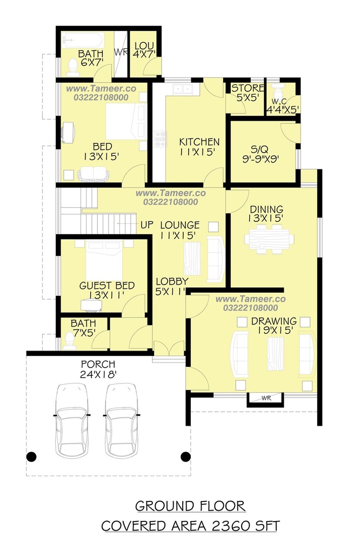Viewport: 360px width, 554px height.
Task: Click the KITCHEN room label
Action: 199,142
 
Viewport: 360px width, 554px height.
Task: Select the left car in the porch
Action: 72,420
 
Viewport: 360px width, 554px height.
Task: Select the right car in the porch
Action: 122,420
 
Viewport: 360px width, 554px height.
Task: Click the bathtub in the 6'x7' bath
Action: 83,40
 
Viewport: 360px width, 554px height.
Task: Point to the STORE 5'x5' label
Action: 247,93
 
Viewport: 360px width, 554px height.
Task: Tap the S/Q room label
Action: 260,149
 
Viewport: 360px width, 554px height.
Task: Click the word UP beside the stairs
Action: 147,225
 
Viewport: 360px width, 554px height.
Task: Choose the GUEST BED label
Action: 106,286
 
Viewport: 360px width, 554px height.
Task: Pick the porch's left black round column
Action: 31,457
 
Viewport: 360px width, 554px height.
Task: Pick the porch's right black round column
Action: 185,457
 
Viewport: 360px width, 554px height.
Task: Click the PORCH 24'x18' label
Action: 98,369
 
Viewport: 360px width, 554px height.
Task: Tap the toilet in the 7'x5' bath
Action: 69,341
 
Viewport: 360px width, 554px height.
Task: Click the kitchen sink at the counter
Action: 183,89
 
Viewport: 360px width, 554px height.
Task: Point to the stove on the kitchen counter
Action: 160,139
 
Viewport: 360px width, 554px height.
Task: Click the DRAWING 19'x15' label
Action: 274,326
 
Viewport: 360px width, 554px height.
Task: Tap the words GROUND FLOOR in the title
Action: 190,506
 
